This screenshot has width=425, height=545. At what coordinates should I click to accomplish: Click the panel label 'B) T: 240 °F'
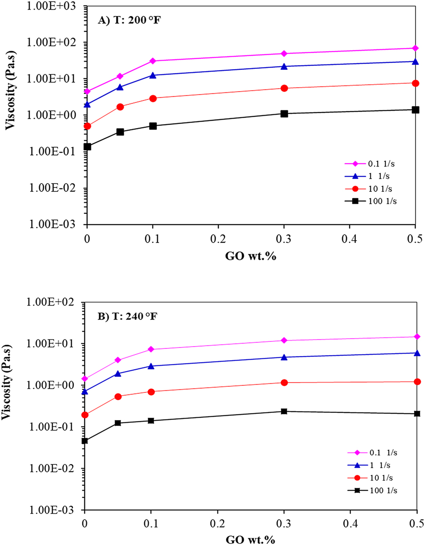pyautogui.click(x=127, y=316)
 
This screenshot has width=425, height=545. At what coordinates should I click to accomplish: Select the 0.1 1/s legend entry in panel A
pyautogui.click(x=371, y=164)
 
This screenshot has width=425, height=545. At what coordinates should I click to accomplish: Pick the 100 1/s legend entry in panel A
pyautogui.click(x=371, y=201)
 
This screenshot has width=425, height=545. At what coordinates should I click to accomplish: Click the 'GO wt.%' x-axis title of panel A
pyautogui.click(x=251, y=256)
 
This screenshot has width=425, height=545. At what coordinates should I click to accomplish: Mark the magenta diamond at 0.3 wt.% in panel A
pyautogui.click(x=284, y=54)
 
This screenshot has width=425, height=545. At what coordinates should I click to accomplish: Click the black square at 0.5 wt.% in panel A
pyautogui.click(x=415, y=110)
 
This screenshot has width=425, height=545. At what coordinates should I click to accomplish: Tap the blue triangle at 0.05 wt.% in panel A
pyautogui.click(x=120, y=87)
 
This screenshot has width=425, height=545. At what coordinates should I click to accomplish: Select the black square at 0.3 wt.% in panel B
pyautogui.click(x=284, y=411)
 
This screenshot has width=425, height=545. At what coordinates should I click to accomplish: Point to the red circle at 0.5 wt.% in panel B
pyautogui.click(x=417, y=381)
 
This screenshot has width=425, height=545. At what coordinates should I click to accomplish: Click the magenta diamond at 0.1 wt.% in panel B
pyautogui.click(x=151, y=349)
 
